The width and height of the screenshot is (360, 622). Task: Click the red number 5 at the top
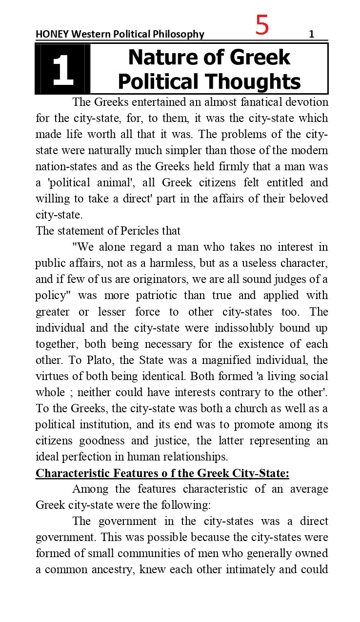262,25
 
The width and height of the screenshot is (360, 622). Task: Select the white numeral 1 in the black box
62,70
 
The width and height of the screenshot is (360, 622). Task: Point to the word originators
141,279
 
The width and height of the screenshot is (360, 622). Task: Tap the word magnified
232,360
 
